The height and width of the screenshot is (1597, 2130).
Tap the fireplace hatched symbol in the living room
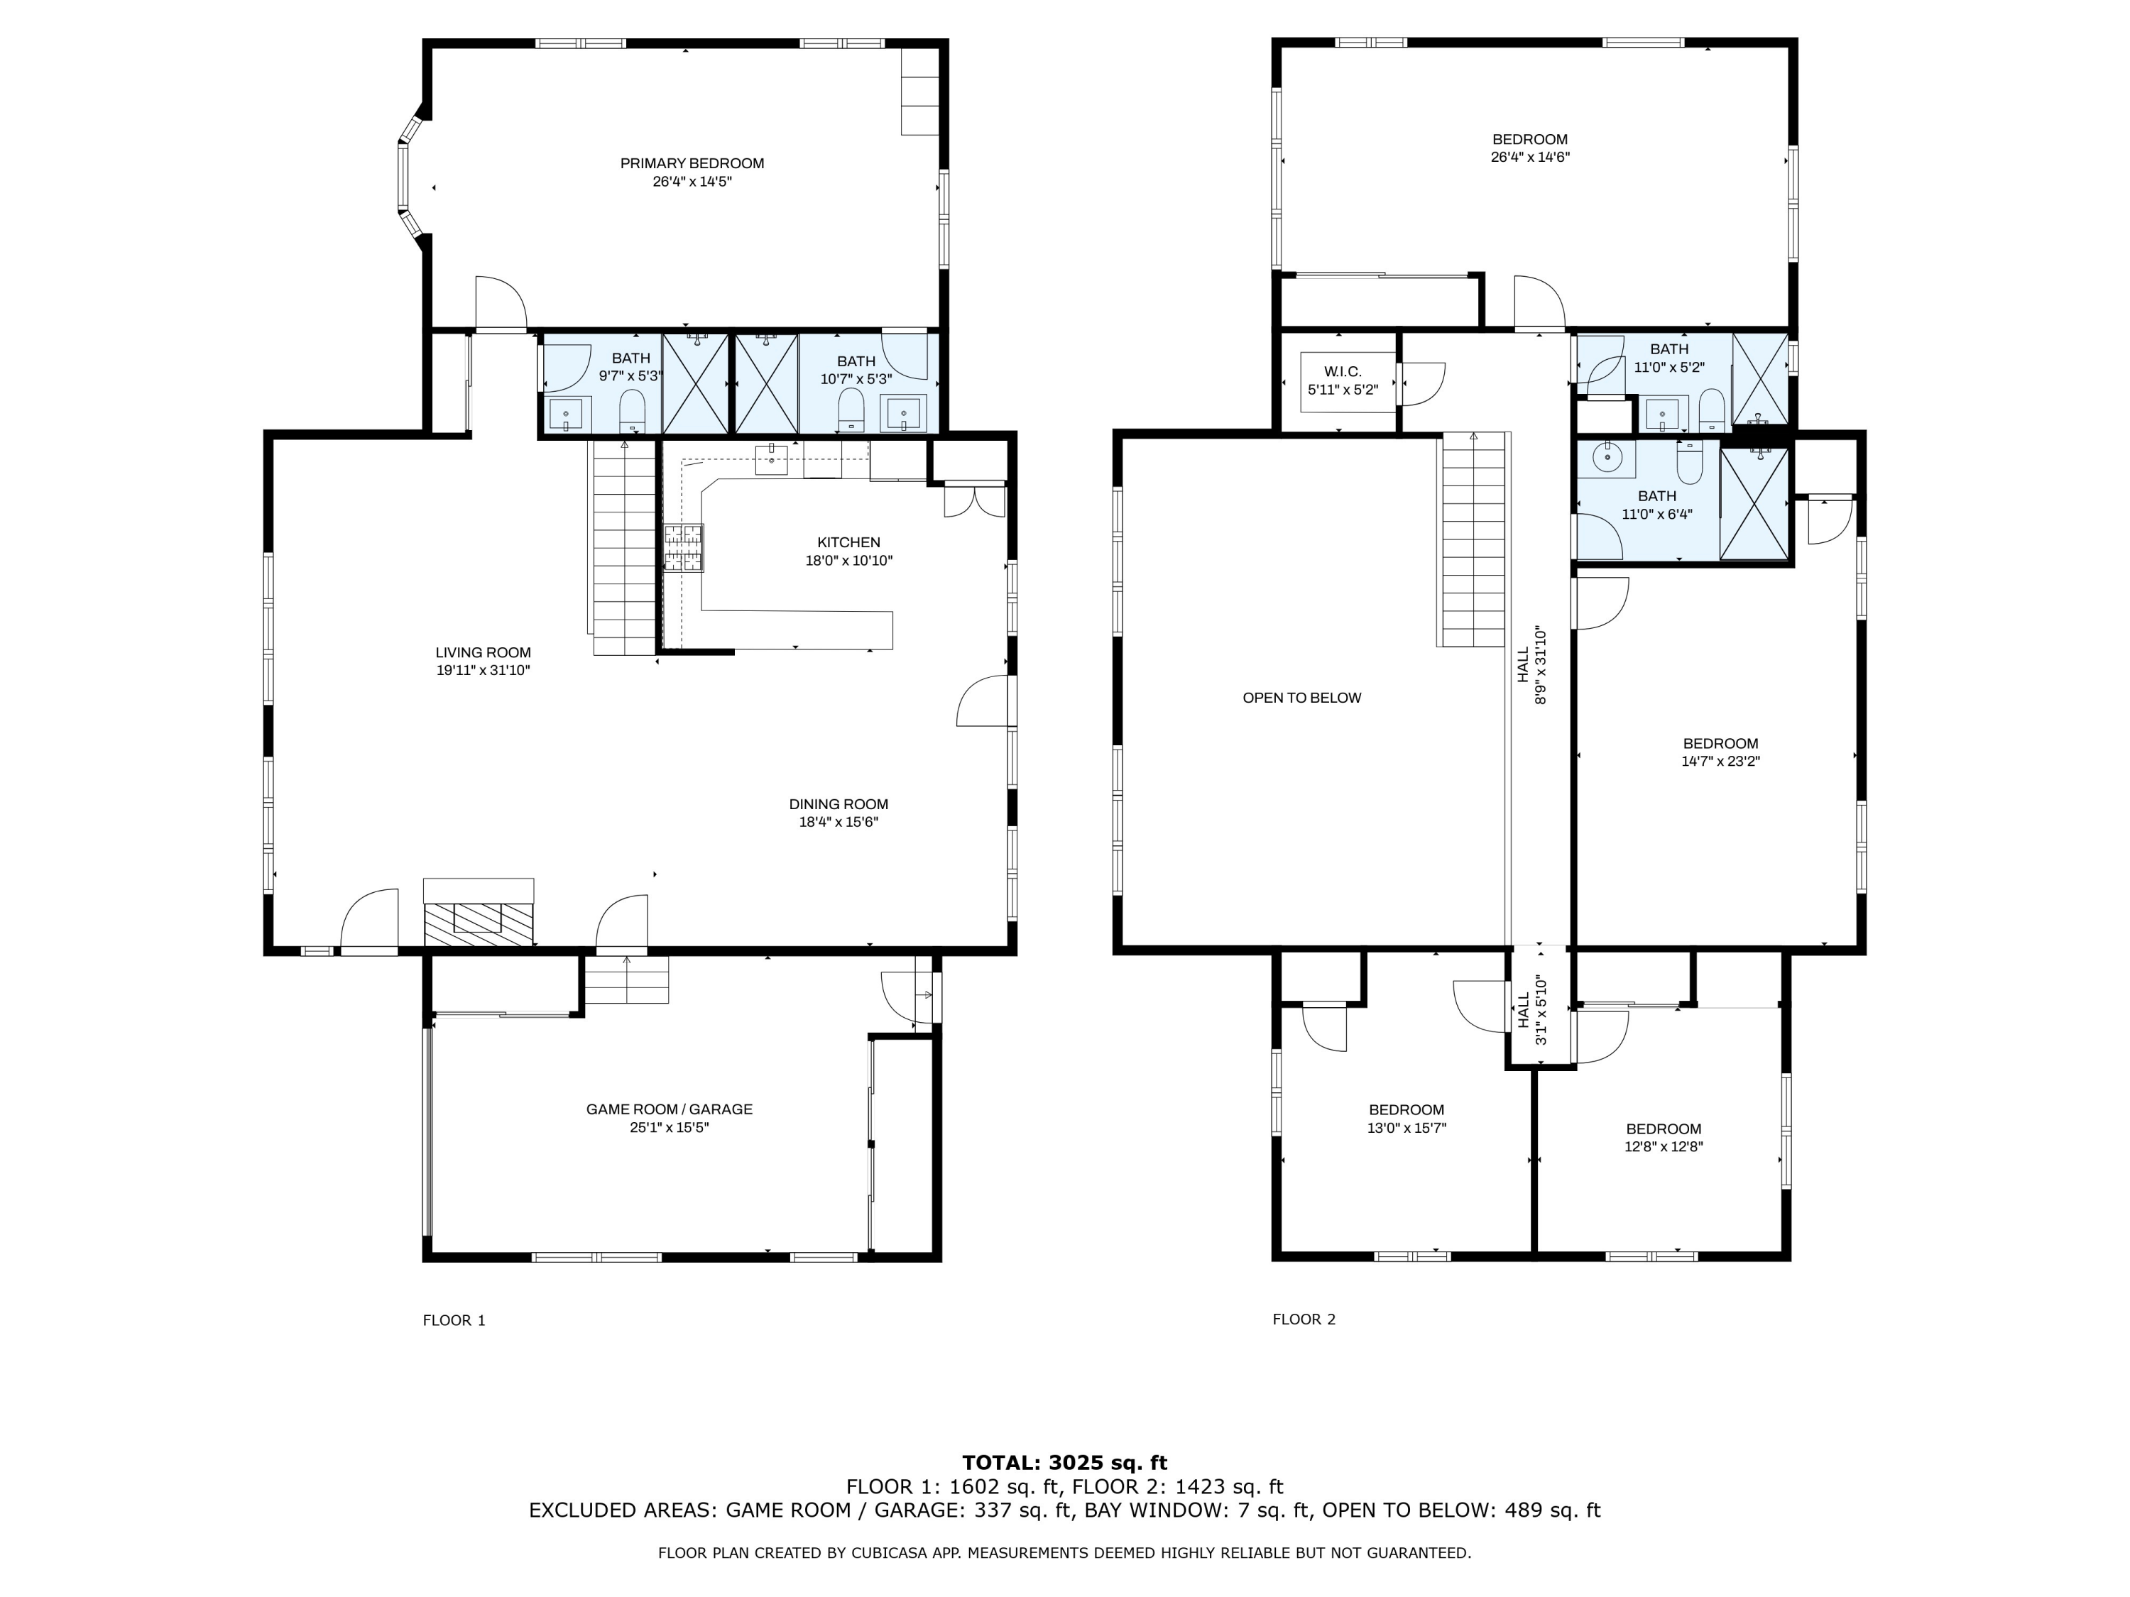tap(479, 924)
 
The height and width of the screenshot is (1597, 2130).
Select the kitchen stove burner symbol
tap(683, 548)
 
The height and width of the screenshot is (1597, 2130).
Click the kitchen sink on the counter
tap(770, 459)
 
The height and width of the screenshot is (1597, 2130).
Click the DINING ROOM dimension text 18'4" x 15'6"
tap(838, 822)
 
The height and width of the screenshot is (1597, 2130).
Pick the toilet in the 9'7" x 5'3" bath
tap(632, 412)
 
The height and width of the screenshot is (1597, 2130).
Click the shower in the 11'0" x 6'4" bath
tap(1754, 503)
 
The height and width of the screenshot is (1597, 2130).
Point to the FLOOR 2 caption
tap(1304, 1319)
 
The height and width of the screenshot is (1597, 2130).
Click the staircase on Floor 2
tap(1473, 539)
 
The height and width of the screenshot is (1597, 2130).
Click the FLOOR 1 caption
tap(454, 1319)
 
